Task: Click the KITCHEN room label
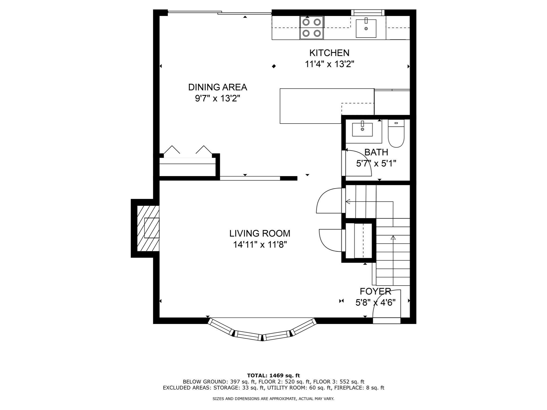[329, 53]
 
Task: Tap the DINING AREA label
[218, 87]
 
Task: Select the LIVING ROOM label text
[260, 233]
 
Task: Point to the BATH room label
[376, 152]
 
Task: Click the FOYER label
[375, 291]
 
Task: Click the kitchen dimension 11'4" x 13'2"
[330, 64]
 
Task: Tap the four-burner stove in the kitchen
[311, 27]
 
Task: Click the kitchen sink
[366, 28]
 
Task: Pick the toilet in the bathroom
[396, 133]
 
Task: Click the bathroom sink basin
[362, 129]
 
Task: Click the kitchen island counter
[327, 106]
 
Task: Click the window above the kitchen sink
[368, 12]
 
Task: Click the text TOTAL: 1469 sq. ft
[273, 376]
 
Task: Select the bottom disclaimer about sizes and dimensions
[273, 399]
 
